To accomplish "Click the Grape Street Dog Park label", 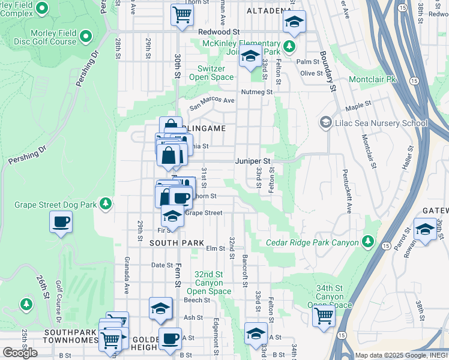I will coord(56,205).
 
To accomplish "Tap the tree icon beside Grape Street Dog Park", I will coord(106,205).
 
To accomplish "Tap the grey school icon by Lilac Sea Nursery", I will coord(326,123).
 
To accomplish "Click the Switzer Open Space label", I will coord(211,73).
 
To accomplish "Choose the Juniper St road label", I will coord(255,161).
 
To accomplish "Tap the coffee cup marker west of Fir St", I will coord(61,222).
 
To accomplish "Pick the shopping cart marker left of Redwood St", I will coord(182,14).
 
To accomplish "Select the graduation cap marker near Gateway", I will coord(425,229).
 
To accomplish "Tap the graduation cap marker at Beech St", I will coord(160,308).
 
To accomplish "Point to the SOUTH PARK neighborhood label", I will coord(169,242).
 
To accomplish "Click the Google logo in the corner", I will coord(20,353).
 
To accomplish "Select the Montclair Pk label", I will coord(373,79).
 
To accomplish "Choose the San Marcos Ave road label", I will coord(212,103).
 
